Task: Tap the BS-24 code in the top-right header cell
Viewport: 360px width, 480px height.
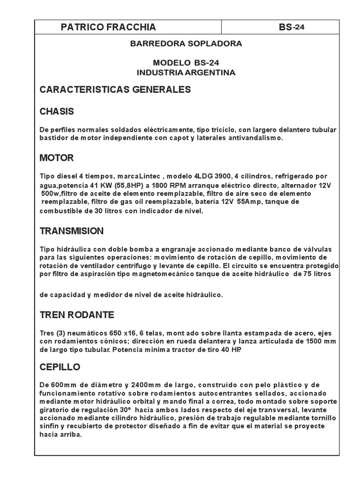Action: (x=291, y=27)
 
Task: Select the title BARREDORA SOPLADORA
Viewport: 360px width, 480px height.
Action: (x=186, y=44)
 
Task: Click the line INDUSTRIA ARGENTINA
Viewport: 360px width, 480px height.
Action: (x=186, y=73)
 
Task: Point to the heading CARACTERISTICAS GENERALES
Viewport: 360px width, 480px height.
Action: (x=115, y=90)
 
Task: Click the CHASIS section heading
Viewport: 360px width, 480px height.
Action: (x=57, y=112)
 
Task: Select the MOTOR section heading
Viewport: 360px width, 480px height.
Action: (x=57, y=158)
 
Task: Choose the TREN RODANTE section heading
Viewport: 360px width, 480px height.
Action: (x=77, y=314)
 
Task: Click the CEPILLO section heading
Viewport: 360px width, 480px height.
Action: (x=60, y=367)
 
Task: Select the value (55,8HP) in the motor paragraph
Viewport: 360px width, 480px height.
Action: (x=128, y=185)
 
